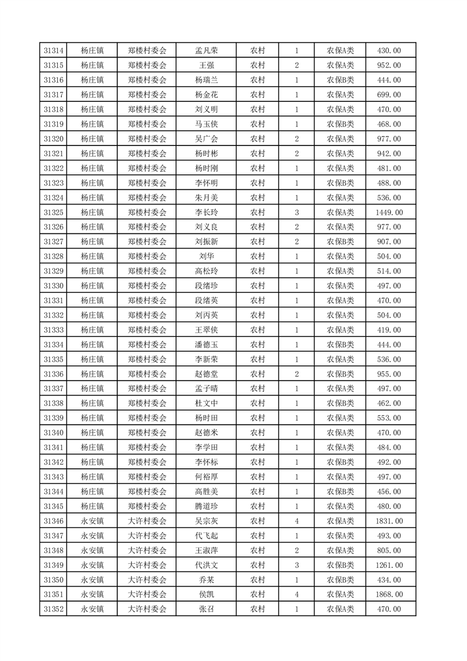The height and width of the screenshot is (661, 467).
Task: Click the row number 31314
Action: pos(54,51)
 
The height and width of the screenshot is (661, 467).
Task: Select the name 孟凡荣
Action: pos(206,51)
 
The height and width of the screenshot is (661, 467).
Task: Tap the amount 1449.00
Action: pos(390,212)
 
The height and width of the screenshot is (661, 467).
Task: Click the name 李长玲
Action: pos(206,212)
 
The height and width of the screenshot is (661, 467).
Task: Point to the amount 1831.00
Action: pos(390,521)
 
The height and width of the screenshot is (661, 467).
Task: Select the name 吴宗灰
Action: pos(206,521)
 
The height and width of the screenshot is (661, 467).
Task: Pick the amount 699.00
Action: pos(390,95)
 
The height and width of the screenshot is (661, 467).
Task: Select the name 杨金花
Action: pos(206,95)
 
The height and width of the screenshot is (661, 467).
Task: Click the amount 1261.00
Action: pos(390,565)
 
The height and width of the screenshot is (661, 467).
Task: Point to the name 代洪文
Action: pos(206,565)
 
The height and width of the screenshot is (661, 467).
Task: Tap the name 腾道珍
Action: pos(206,506)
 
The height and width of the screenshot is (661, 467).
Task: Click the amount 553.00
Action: pos(390,418)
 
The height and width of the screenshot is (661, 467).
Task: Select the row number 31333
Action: pos(54,330)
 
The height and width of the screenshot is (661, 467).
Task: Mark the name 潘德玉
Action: pos(206,345)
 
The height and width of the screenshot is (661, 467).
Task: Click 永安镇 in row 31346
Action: pos(92,521)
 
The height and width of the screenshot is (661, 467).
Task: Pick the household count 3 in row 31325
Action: pos(297,212)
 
